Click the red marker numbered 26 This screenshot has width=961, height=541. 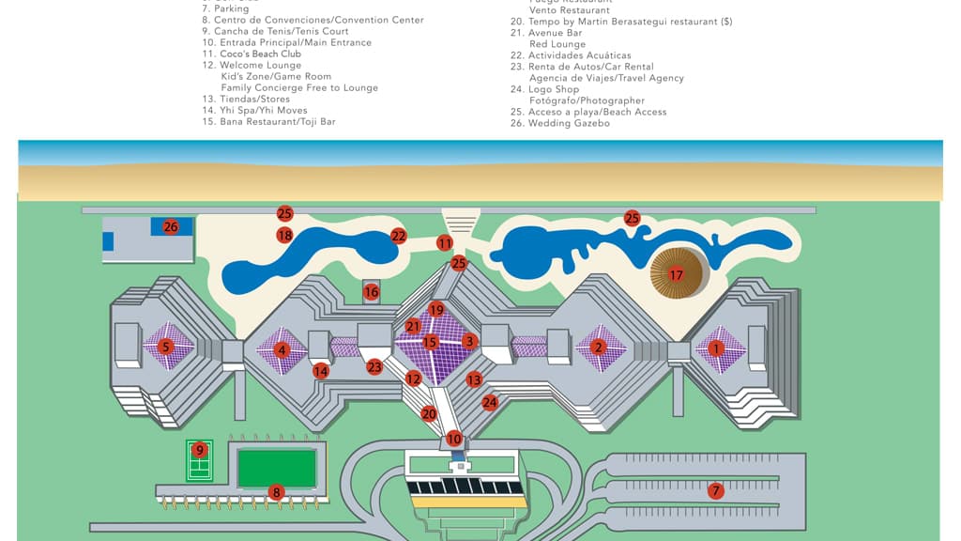(171, 226)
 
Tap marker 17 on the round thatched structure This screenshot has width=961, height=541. (676, 274)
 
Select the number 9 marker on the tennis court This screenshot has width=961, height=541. (199, 450)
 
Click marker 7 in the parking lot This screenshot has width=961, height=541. (715, 490)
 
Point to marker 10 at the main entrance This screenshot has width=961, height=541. (454, 439)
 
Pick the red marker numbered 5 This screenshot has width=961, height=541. (166, 347)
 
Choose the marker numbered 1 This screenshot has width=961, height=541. (718, 348)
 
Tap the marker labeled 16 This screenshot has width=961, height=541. (372, 292)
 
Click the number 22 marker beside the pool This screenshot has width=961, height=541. (399, 236)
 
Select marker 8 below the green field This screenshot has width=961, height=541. (276, 491)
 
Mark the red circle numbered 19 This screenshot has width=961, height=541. (436, 309)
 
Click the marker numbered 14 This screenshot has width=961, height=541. (321, 371)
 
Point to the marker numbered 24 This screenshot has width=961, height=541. (490, 402)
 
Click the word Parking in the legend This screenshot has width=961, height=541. (233, 9)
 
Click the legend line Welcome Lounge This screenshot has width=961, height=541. (261, 66)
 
